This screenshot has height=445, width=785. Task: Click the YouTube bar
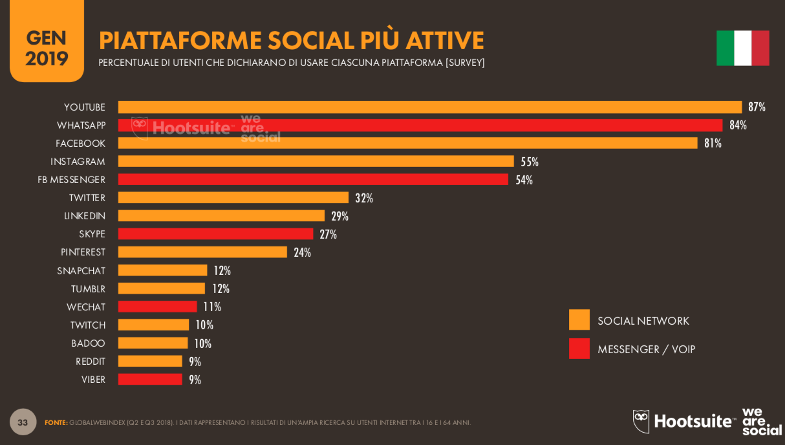pyautogui.click(x=429, y=107)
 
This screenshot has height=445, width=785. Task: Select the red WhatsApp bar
pyautogui.click(x=420, y=125)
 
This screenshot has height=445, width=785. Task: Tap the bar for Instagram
pyautogui.click(x=316, y=162)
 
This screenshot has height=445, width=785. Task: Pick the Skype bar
pyautogui.click(x=215, y=234)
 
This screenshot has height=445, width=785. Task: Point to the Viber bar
pyautogui.click(x=150, y=380)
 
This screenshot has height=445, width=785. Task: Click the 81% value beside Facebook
pyautogui.click(x=713, y=144)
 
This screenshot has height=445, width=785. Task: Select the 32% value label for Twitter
pyautogui.click(x=364, y=198)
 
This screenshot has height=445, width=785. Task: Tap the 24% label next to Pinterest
pyautogui.click(x=302, y=252)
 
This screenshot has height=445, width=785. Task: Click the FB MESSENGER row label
pyautogui.click(x=71, y=180)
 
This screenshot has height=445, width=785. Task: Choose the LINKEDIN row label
pyautogui.click(x=85, y=216)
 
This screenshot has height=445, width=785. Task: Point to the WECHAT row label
pyautogui.click(x=86, y=307)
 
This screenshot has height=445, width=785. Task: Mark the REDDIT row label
pyautogui.click(x=91, y=362)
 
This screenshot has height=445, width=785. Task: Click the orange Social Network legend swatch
pyautogui.click(x=579, y=320)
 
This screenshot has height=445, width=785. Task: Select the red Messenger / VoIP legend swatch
pyautogui.click(x=579, y=349)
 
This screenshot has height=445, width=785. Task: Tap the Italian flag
pyautogui.click(x=742, y=48)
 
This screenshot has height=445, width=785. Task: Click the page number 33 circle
pyautogui.click(x=23, y=422)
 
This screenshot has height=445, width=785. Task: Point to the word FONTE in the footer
pyautogui.click(x=56, y=423)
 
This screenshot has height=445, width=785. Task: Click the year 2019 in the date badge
pyautogui.click(x=47, y=59)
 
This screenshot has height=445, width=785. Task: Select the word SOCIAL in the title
pyautogui.click(x=310, y=41)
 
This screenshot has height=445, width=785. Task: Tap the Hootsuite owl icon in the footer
pyautogui.click(x=641, y=421)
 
